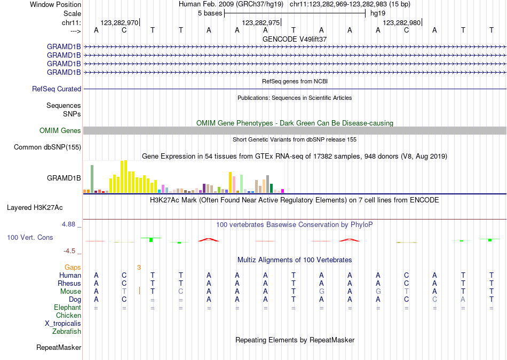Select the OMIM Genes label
pyautogui.click(x=60, y=131)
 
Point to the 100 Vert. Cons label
pyautogui.click(x=30, y=237)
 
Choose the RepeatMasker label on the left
pyautogui.click(x=59, y=348)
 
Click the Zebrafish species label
pyautogui.click(x=67, y=332)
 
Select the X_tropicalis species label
pyautogui.click(x=63, y=324)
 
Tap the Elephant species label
pyautogui.click(x=67, y=308)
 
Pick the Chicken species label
pyautogui.click(x=68, y=316)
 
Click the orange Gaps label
pyautogui.click(x=73, y=267)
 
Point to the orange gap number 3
pyautogui.click(x=139, y=267)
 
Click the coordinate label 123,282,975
pyautogui.click(x=260, y=23)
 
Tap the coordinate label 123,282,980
pyautogui.click(x=402, y=23)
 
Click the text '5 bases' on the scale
pyautogui.click(x=210, y=13)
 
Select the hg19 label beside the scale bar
pyautogui.click(x=378, y=13)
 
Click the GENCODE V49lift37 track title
pyautogui.click(x=295, y=40)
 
